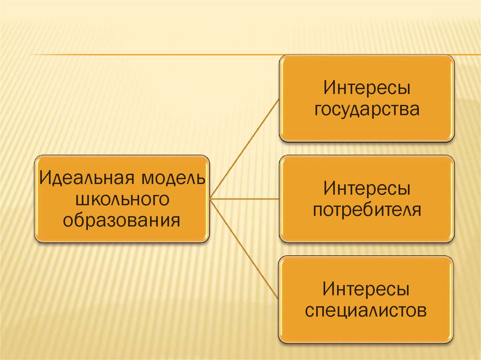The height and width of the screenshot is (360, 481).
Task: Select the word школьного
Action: pyautogui.click(x=122, y=199)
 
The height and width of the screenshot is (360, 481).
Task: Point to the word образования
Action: pyautogui.click(x=122, y=220)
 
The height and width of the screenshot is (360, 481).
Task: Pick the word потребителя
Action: pyautogui.click(x=367, y=210)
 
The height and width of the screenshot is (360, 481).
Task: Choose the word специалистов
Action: pyautogui.click(x=367, y=310)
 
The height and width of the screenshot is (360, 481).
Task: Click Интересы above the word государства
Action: pyautogui.click(x=367, y=88)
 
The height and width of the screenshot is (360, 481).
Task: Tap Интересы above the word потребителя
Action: pyautogui.click(x=367, y=189)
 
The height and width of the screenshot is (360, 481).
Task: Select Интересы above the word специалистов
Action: pyautogui.click(x=367, y=289)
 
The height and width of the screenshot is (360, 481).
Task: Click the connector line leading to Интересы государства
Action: pyautogui.click(x=244, y=149)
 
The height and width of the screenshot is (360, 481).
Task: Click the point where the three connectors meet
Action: pyautogui.click(x=210, y=199)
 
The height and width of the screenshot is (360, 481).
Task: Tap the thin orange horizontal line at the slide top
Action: pyautogui.click(x=141, y=55)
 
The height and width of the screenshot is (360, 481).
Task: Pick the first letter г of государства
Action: pyautogui.click(x=319, y=110)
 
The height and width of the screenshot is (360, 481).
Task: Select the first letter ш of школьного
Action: pyautogui.click(x=80, y=200)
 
